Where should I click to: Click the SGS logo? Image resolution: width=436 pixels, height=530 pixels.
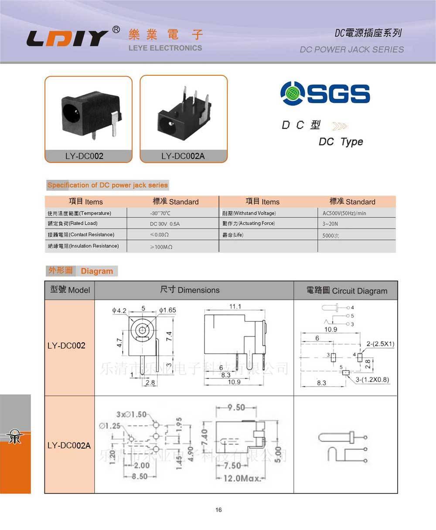(x=325, y=93)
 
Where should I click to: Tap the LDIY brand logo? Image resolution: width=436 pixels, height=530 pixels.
(x=68, y=38)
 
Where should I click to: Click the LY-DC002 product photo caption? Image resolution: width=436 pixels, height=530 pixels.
(x=84, y=156)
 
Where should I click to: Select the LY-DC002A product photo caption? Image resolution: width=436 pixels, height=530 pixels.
(x=183, y=156)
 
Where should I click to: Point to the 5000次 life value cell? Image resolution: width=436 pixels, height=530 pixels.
(x=330, y=236)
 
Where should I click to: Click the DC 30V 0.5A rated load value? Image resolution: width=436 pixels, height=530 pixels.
(x=164, y=224)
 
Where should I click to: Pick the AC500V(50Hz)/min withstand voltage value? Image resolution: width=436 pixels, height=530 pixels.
(x=344, y=213)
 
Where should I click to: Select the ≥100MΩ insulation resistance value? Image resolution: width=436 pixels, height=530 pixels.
(x=161, y=247)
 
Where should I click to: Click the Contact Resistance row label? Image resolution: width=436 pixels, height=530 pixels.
(x=81, y=235)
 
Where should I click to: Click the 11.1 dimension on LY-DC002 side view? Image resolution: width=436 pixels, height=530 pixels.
(x=235, y=307)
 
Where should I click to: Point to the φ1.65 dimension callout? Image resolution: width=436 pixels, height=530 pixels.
(x=168, y=311)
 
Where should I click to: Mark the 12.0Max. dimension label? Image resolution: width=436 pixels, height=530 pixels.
(x=242, y=479)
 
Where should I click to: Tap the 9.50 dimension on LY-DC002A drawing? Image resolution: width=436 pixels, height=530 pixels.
(x=236, y=408)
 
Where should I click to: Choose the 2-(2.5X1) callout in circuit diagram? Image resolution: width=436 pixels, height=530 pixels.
(x=380, y=344)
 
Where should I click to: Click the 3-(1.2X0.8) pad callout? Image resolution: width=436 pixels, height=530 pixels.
(x=372, y=380)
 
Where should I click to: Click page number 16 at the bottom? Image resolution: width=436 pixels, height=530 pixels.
(x=218, y=510)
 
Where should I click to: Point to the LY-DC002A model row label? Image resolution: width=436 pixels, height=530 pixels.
(x=69, y=446)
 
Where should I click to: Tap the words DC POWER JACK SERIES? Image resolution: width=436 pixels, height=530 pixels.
(x=351, y=50)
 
